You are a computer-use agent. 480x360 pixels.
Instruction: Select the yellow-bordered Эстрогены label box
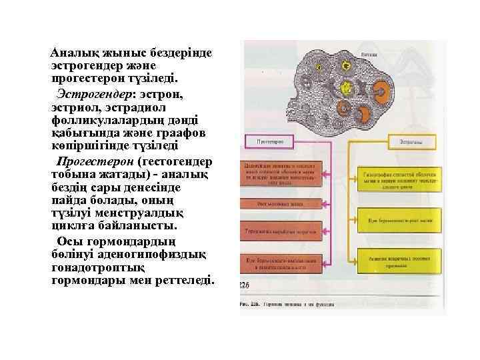[417, 141]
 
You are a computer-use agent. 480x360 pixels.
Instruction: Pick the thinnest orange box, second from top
[283, 204]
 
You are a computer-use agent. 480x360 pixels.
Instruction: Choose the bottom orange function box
[283, 261]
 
